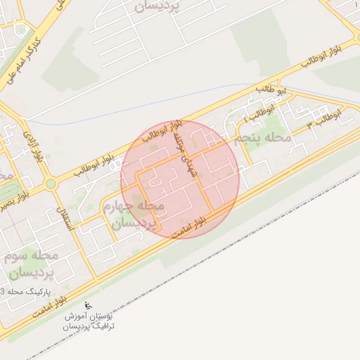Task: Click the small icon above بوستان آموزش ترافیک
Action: (89, 306)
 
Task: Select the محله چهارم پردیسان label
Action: (134, 214)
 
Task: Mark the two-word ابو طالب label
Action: (272, 90)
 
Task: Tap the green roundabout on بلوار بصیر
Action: (50, 184)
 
